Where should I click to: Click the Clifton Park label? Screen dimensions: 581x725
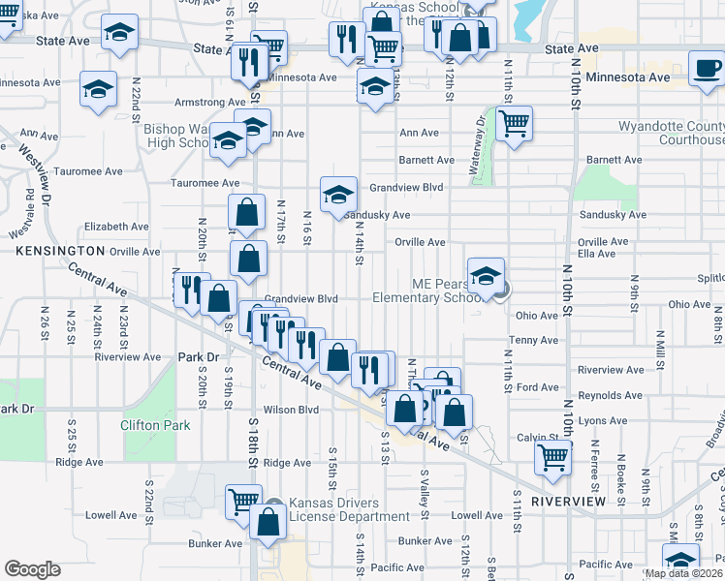click(x=155, y=424)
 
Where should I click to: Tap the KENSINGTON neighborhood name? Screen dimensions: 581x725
click(x=59, y=250)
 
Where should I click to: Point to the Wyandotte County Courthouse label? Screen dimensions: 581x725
click(x=671, y=134)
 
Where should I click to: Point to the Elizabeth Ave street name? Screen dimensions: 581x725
click(x=116, y=227)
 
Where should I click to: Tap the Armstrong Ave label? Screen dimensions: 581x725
click(x=208, y=102)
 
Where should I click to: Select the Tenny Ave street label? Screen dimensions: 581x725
click(x=535, y=340)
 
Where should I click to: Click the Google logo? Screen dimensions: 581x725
click(x=32, y=569)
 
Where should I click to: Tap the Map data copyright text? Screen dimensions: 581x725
click(x=684, y=573)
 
